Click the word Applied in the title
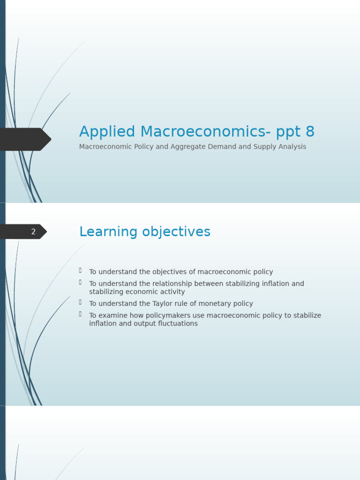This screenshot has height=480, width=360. tap(107, 132)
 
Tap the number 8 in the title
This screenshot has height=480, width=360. tap(309, 132)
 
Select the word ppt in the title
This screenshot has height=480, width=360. tap(287, 133)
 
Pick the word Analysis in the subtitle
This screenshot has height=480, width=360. tap(293, 147)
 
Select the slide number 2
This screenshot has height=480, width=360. tap(33, 232)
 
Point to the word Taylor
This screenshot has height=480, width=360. tap(163, 304)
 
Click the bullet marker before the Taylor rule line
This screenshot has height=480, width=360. tap(80, 302)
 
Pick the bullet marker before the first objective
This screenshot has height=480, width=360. tap(80, 270)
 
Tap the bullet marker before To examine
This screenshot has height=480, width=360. tap(80, 314)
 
